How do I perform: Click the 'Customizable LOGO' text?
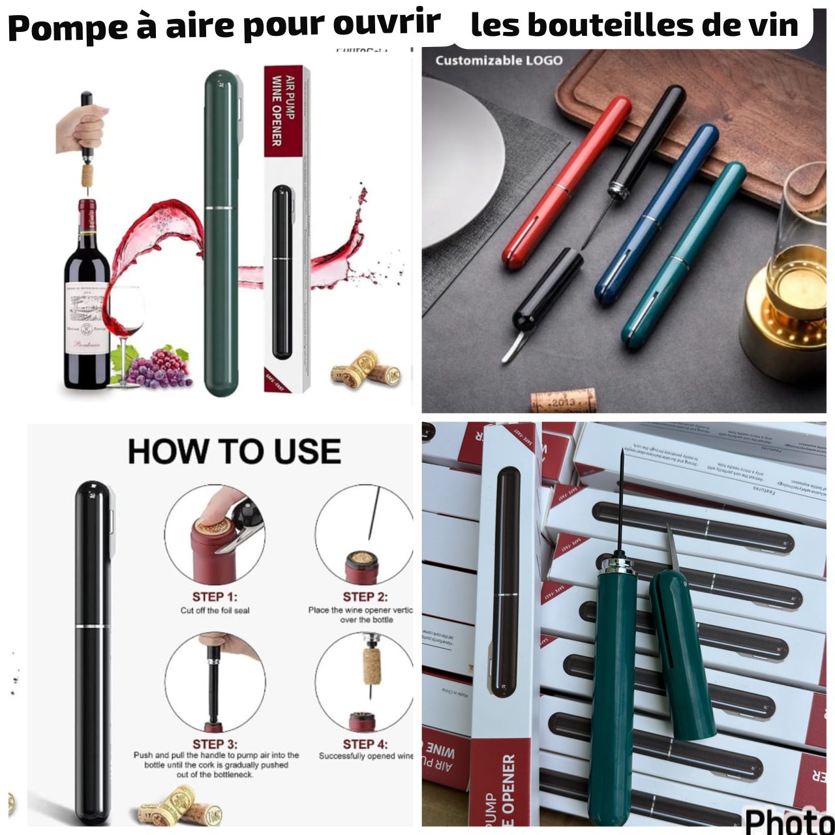click(498, 61)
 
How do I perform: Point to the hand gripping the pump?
click(82, 128)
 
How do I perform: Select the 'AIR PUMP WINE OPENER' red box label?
click(282, 111)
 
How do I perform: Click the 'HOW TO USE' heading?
click(234, 451)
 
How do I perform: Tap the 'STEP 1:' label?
click(214, 596)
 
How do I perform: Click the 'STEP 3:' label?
click(215, 744)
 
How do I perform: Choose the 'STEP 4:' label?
click(365, 744)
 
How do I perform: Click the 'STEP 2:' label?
click(365, 596)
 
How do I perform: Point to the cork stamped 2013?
click(563, 400)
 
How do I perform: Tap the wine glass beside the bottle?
click(125, 320)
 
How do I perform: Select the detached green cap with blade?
click(681, 652)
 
